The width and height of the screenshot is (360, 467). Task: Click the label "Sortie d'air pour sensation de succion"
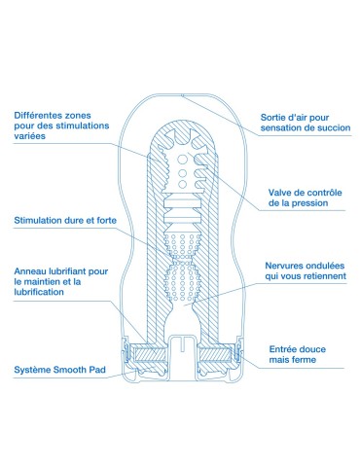pos(303,123)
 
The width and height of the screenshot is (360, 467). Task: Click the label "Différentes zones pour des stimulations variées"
pos(61,126)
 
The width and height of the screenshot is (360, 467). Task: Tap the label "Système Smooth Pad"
pos(60,371)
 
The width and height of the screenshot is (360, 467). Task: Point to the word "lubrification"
pos(45,296)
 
